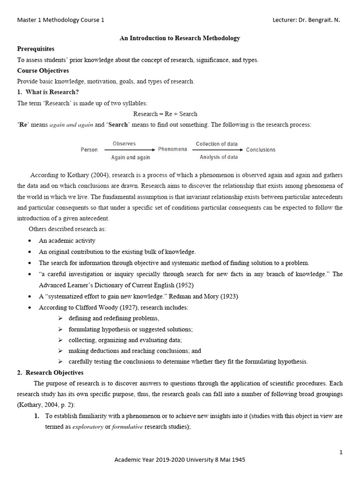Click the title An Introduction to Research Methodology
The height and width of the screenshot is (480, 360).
[180, 38]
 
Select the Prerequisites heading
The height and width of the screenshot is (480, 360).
[36, 49]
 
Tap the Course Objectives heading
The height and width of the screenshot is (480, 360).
[43, 70]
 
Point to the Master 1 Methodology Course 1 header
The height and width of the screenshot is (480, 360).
[61, 20]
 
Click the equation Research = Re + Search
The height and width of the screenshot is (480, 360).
[165, 113]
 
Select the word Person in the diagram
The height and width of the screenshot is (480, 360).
[89, 150]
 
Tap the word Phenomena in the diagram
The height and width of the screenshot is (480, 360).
[172, 150]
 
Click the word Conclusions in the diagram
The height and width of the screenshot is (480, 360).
[261, 150]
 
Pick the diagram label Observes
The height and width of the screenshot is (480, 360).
[124, 143]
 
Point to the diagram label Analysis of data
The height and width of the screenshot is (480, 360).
[218, 157]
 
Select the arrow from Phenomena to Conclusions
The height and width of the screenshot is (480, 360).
[217, 150]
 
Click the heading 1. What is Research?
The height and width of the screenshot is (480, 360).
[48, 92]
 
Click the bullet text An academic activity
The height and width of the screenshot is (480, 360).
[67, 240]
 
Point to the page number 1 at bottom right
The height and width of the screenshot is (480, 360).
[341, 452]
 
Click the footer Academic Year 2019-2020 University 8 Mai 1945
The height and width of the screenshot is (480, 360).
[180, 460]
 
